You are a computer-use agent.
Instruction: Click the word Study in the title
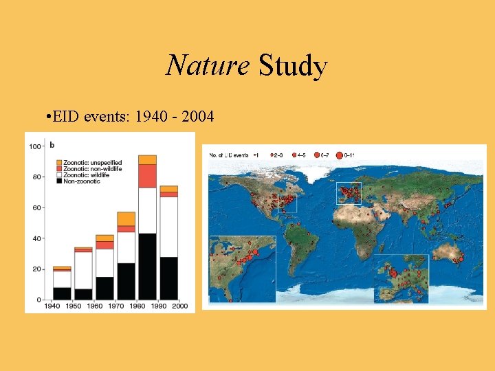(x=293, y=66)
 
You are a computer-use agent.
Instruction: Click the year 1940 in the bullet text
(x=151, y=117)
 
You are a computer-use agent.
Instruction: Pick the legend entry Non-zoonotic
(x=81, y=181)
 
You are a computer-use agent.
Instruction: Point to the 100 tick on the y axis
(x=33, y=146)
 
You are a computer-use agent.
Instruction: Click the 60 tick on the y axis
(x=36, y=207)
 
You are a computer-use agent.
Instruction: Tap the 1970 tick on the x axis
(x=115, y=306)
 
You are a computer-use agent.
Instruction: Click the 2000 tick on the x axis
(x=179, y=306)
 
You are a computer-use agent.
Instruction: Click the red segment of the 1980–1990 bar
(x=147, y=176)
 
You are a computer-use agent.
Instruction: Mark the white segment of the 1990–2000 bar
(x=168, y=227)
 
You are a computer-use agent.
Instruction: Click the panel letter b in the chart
(x=52, y=146)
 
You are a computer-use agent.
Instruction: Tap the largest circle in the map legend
(x=340, y=155)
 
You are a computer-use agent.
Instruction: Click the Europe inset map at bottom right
(x=401, y=279)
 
